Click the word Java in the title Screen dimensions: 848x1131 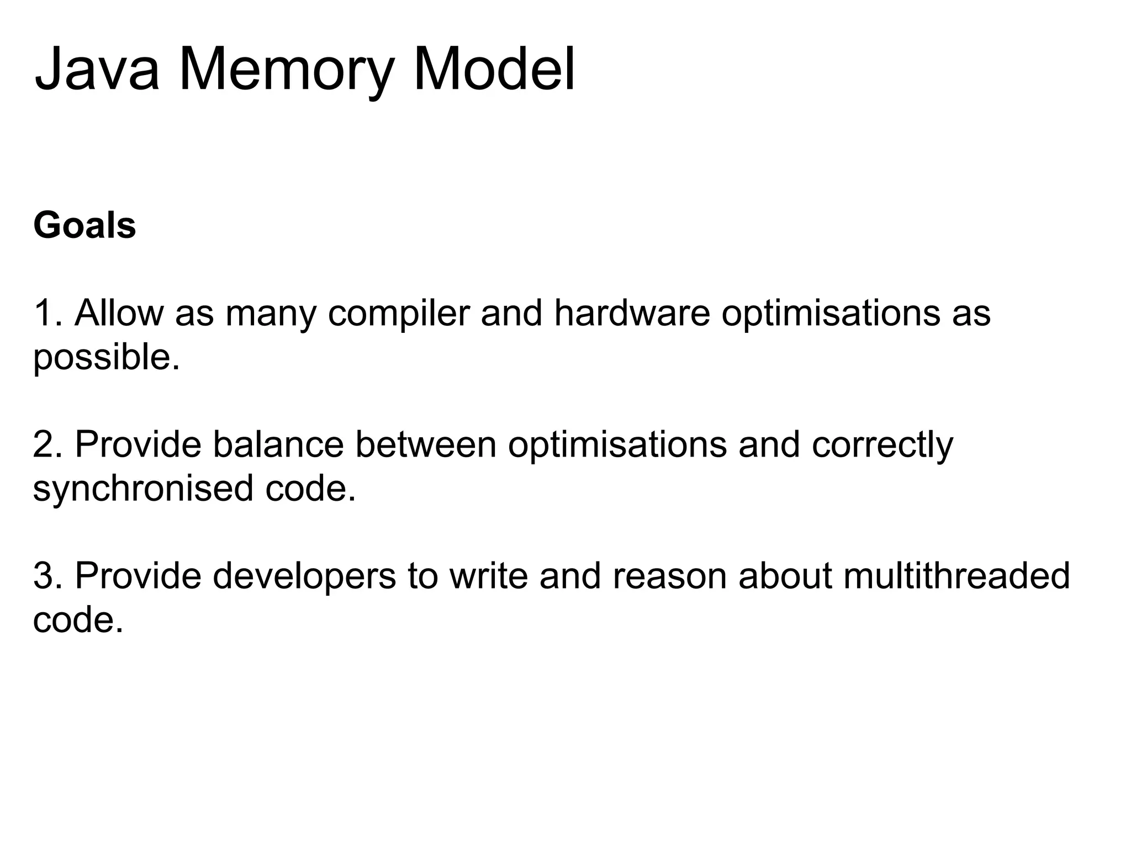[97, 70]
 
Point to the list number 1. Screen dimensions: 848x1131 [45, 312]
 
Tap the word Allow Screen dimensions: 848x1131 [119, 312]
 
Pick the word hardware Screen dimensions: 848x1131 [632, 312]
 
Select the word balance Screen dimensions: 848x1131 [278, 444]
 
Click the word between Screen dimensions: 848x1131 [425, 444]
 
